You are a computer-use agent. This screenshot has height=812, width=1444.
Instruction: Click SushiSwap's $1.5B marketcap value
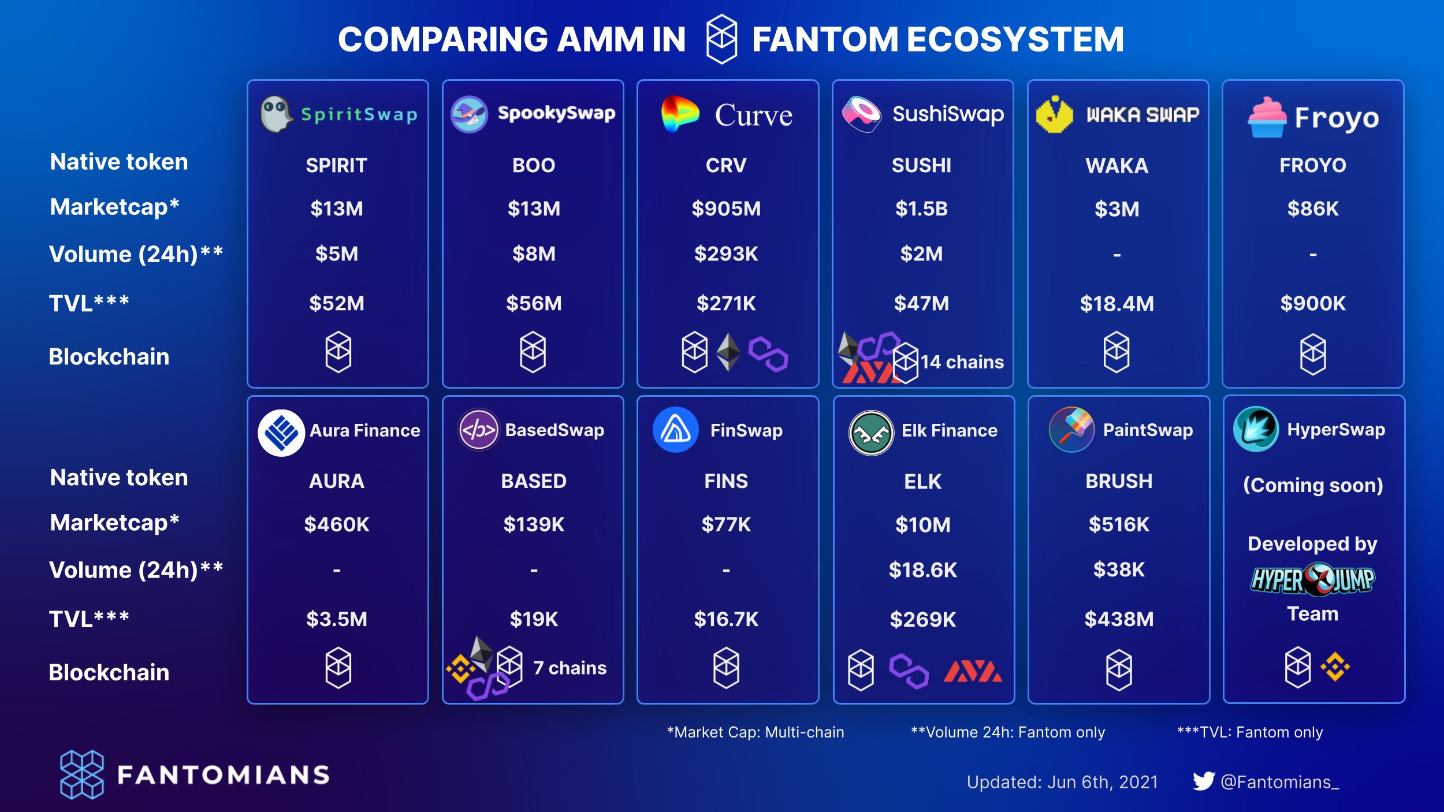(921, 208)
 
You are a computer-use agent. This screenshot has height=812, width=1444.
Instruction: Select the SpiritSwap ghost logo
(276, 114)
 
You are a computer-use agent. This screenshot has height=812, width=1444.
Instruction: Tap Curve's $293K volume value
(726, 254)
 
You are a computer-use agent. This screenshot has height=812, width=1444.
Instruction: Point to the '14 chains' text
(962, 362)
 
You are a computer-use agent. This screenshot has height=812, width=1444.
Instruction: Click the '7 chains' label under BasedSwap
(570, 668)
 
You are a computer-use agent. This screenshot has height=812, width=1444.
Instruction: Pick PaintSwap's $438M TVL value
(1119, 619)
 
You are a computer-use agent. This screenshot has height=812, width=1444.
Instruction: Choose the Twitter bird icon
(1204, 781)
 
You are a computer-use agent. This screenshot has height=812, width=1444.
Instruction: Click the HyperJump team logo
(1312, 580)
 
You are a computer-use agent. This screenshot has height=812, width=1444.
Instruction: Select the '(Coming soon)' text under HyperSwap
(1313, 485)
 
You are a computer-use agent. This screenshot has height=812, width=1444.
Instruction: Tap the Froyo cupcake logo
(1267, 117)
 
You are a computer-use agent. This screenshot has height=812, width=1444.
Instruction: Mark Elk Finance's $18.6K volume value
(922, 570)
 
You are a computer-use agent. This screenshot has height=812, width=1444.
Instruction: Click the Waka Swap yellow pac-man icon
(1054, 114)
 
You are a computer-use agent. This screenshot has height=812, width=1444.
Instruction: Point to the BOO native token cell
(534, 166)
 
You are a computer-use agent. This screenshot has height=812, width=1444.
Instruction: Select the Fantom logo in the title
(721, 39)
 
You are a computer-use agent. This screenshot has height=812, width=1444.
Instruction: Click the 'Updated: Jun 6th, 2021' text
(1062, 782)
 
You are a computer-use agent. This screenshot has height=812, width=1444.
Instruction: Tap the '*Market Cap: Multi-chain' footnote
(755, 732)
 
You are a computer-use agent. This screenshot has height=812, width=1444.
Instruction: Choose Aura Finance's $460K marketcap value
(337, 524)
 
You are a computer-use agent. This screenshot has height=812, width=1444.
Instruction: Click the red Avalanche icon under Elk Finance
(973, 671)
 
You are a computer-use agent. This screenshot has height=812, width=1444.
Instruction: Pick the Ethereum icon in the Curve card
(728, 352)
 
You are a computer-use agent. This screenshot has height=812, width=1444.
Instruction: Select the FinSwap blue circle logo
(675, 430)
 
